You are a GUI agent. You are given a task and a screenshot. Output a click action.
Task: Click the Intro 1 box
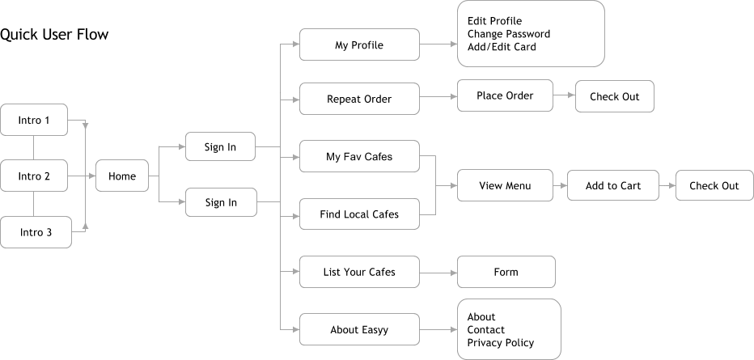(x=34, y=121)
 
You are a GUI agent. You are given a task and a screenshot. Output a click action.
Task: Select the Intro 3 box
(x=35, y=232)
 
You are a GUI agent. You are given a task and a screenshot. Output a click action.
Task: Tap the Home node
(x=122, y=176)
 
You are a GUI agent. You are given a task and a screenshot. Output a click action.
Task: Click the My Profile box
(x=359, y=45)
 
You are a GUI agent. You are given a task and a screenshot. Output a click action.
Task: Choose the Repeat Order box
(x=359, y=100)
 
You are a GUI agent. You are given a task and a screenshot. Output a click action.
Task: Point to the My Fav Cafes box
(x=359, y=157)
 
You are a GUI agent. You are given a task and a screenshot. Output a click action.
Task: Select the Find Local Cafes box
(x=359, y=214)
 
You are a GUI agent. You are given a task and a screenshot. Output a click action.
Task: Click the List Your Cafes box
(x=359, y=272)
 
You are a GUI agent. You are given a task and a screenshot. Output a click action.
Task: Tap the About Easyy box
(x=359, y=330)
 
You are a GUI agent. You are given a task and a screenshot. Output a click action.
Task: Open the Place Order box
(x=505, y=95)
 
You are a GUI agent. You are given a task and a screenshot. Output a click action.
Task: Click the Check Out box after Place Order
(x=614, y=96)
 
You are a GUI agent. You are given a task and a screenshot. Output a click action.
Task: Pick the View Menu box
(x=505, y=186)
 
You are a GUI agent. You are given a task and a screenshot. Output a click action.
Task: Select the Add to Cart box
(x=612, y=186)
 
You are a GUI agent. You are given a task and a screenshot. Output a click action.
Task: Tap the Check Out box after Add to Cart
(x=714, y=186)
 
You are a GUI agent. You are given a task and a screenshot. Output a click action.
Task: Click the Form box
(x=506, y=272)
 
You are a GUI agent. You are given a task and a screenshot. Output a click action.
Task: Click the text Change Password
(x=508, y=34)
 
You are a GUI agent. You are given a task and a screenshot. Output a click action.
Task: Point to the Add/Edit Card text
(x=502, y=47)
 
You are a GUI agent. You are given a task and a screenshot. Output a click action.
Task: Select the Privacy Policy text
(x=501, y=343)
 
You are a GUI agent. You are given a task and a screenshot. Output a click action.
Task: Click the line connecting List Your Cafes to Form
(x=438, y=273)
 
